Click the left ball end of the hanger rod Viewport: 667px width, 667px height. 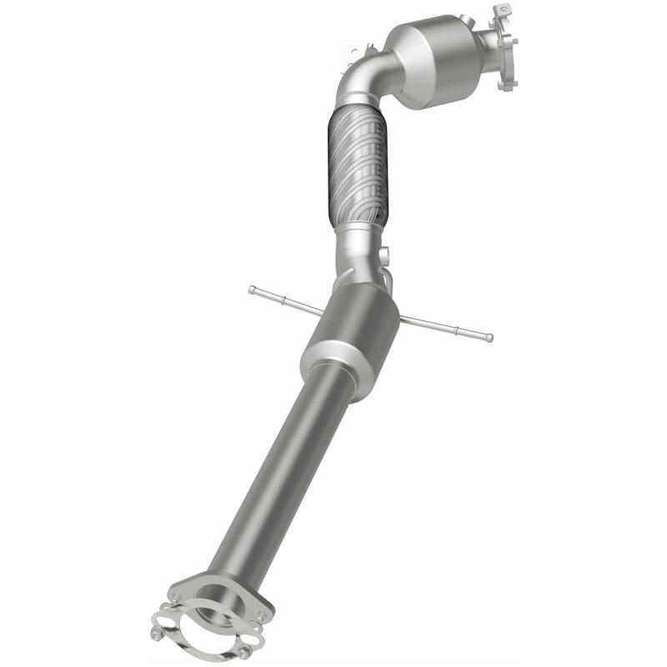pyautogui.click(x=252, y=289)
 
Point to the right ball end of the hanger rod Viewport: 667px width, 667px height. pyautogui.click(x=489, y=338)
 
